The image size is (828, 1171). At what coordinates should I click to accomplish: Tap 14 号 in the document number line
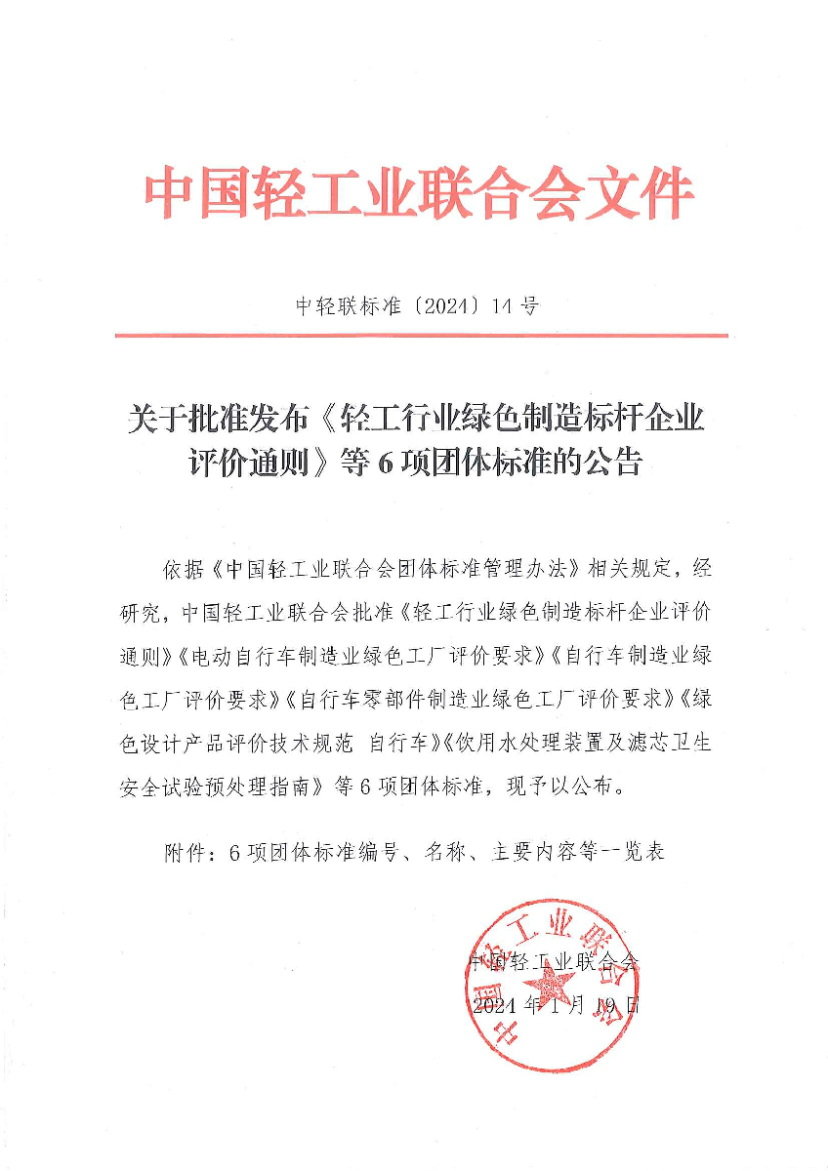click(x=517, y=306)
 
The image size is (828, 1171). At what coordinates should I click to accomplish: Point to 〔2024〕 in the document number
click(x=438, y=306)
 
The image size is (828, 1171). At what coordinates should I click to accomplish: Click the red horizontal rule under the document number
click(x=421, y=336)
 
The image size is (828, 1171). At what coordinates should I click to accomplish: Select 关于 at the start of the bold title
click(x=153, y=418)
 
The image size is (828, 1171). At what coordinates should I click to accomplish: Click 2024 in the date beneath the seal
click(x=496, y=1006)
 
